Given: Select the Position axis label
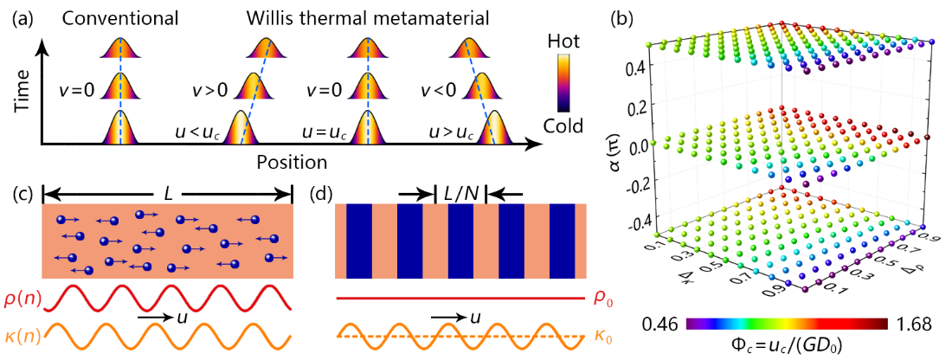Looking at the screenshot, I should [291, 161].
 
